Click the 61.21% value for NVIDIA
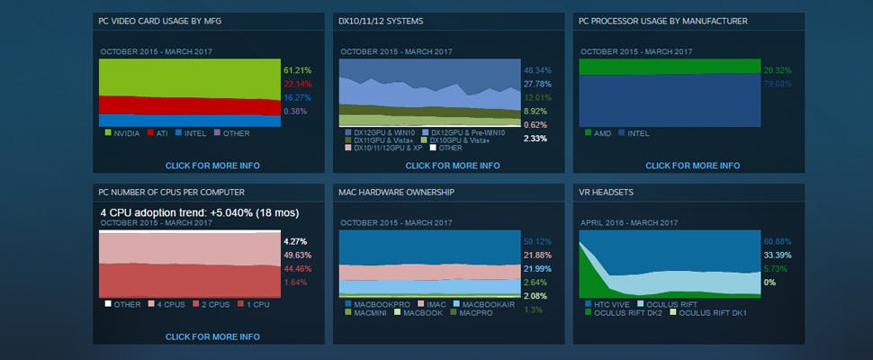point(296,69)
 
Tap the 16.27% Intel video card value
point(296,97)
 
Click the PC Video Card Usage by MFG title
point(159,21)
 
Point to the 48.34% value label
point(536,69)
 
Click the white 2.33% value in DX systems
point(535,139)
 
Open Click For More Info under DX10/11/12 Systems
point(453,166)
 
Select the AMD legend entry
point(602,133)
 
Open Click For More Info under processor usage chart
point(692,166)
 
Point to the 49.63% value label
point(296,255)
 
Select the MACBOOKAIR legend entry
point(487,304)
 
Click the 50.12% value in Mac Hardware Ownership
point(536,241)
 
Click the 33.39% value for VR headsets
point(777,255)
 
